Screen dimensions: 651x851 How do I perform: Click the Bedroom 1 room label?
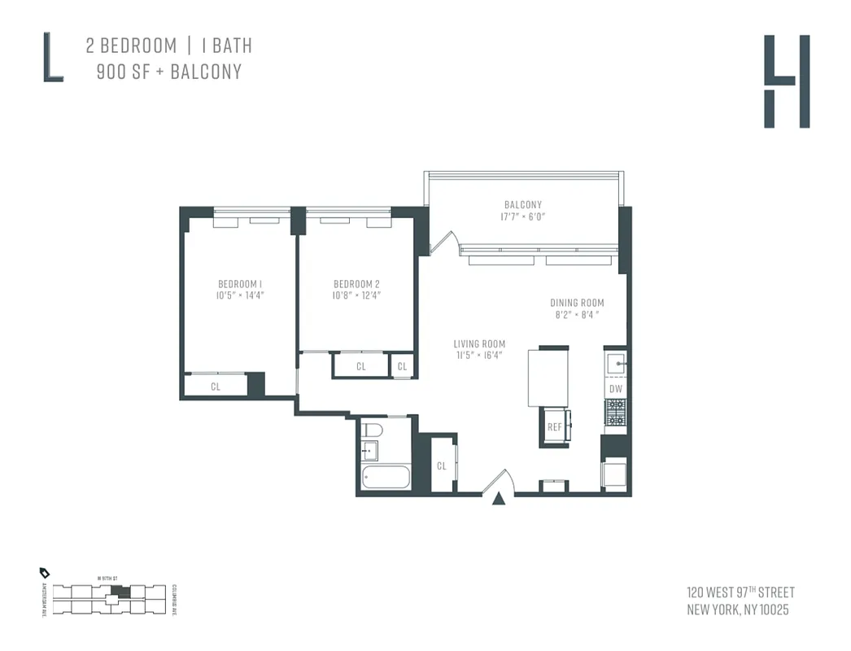pos(240,284)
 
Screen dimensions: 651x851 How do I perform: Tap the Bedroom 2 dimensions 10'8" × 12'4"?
pos(356,295)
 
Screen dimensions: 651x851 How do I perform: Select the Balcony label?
pos(522,205)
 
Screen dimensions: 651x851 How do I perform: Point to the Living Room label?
pos(479,344)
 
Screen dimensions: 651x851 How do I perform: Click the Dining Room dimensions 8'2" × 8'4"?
pos(576,314)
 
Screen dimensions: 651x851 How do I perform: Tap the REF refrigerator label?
pos(554,427)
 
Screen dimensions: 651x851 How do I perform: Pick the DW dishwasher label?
pos(616,389)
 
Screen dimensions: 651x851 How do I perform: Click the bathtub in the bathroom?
pos(385,477)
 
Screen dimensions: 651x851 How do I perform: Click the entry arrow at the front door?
pos(499,499)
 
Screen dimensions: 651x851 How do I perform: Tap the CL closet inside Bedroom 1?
pos(216,387)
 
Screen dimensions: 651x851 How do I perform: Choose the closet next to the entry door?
pos(442,466)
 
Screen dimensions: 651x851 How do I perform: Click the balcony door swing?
pos(440,242)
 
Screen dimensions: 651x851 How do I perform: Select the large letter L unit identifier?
pos(53,57)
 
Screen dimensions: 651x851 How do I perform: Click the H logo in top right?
pos(786,81)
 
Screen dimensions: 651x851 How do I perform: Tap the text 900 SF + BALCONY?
pos(168,72)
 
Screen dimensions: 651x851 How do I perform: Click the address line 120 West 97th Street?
pos(740,592)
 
